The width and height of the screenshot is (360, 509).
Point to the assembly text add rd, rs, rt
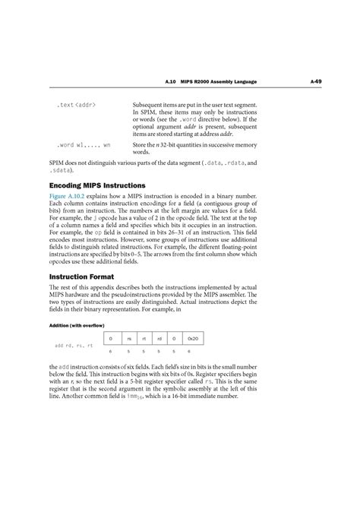pyautogui.click(x=74, y=346)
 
